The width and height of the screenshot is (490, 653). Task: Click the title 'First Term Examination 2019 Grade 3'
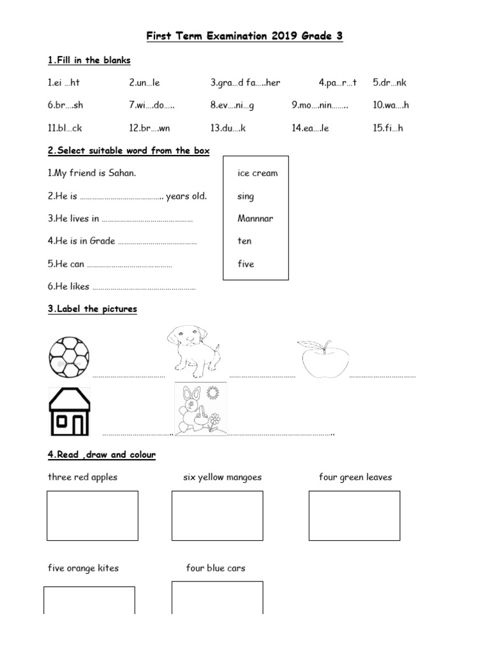tap(245, 36)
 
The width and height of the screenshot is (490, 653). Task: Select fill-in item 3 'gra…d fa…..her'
tap(245, 83)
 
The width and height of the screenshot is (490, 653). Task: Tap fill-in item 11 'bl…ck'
tap(64, 128)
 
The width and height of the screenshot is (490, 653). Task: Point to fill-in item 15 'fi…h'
tap(388, 128)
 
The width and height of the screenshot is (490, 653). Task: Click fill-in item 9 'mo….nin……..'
tap(320, 105)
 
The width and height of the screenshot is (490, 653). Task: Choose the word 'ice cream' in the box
tap(257, 173)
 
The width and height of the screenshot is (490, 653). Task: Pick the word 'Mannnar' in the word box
tap(255, 218)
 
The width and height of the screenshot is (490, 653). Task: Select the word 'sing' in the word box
tap(246, 196)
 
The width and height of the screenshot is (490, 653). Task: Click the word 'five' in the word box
tap(246, 264)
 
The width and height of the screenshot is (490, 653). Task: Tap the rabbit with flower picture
tap(201, 409)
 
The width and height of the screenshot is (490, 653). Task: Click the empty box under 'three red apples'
tap(93, 516)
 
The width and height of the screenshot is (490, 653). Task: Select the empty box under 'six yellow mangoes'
tap(218, 516)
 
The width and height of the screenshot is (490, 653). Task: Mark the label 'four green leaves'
tap(355, 477)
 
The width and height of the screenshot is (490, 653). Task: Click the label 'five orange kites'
tap(83, 568)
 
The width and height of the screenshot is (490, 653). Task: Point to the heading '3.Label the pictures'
tap(92, 309)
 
